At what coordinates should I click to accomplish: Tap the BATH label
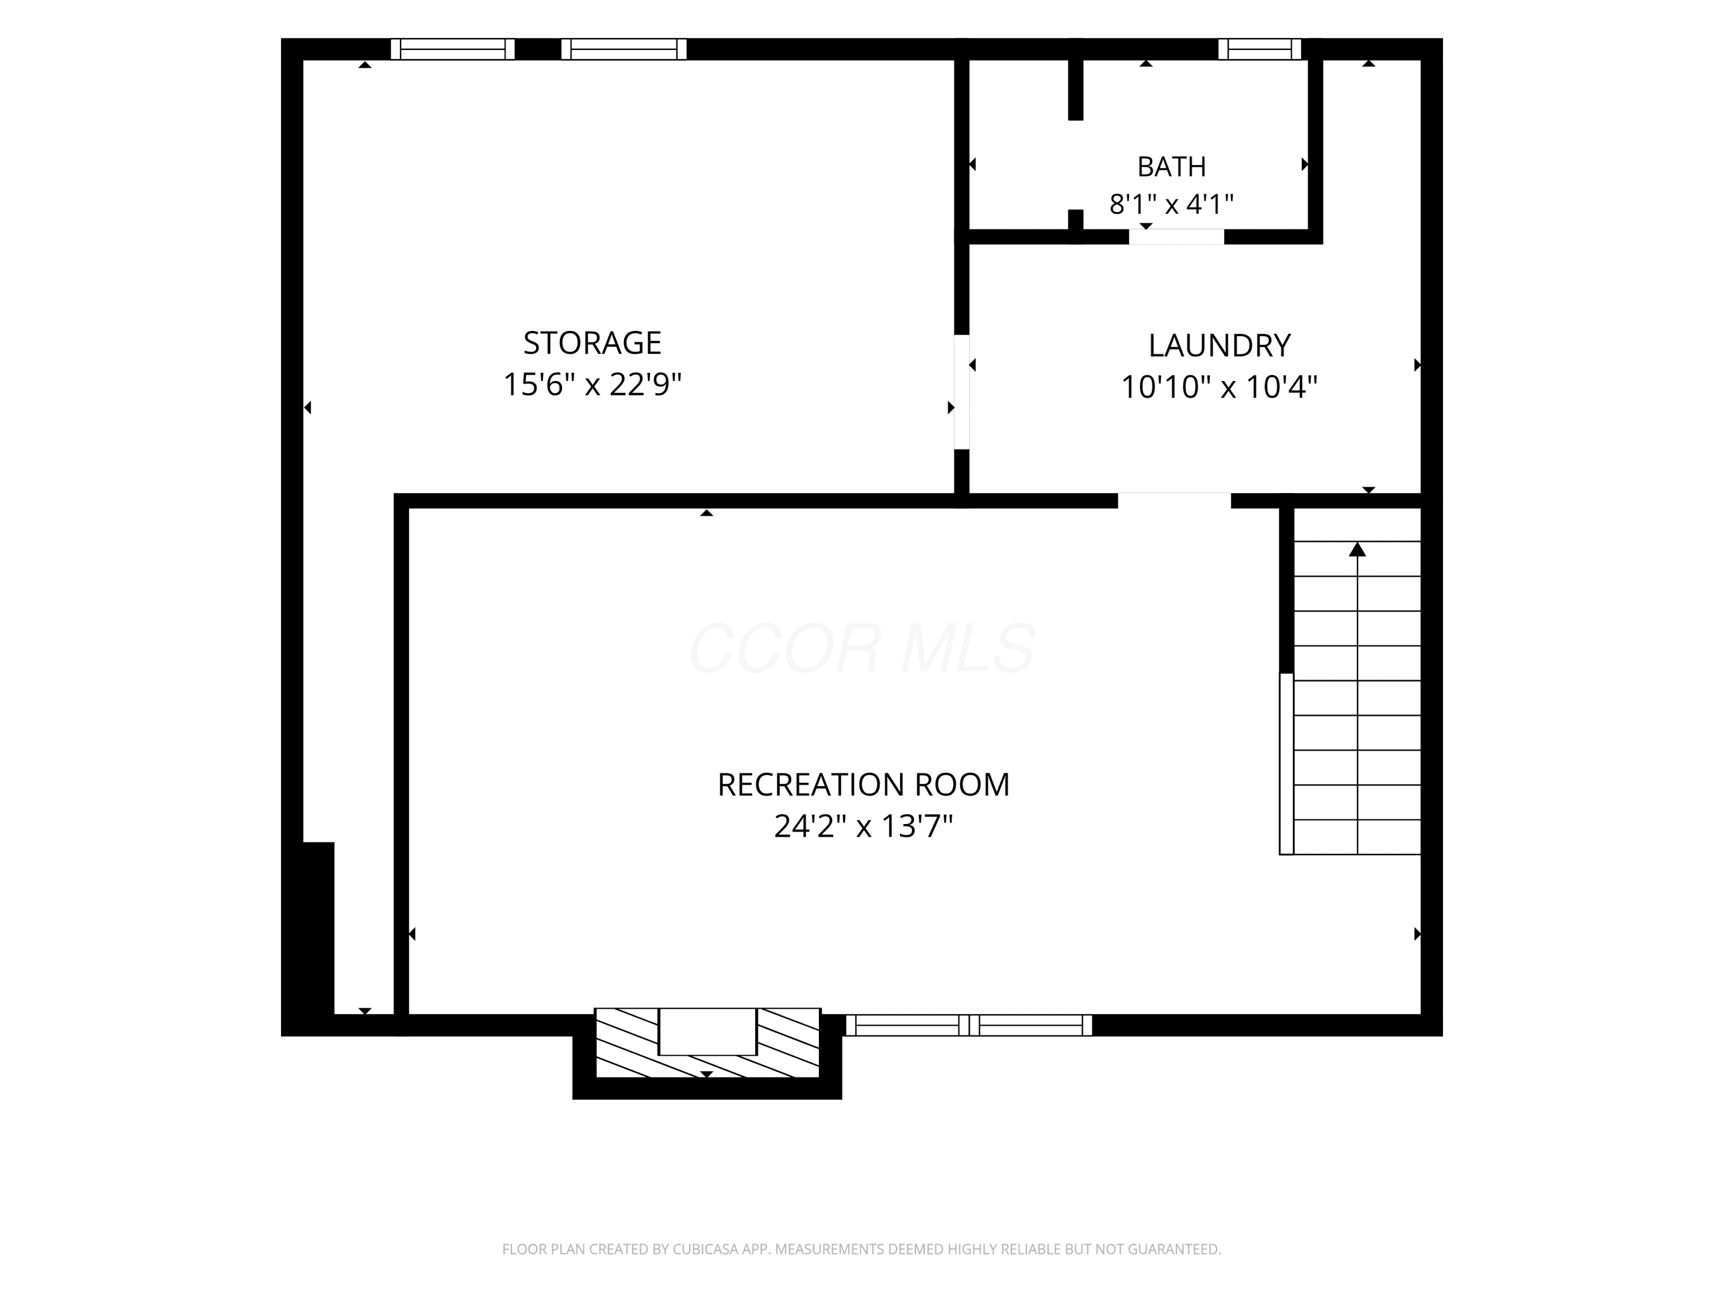coord(1171,167)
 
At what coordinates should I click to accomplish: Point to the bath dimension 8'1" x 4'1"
coord(1171,204)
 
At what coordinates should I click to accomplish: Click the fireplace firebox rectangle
coord(707,1031)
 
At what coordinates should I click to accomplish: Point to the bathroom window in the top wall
coord(1260,49)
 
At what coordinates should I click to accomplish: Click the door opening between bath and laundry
coord(1176,236)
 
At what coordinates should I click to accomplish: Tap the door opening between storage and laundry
coord(962,392)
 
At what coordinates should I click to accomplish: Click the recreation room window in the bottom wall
coord(969,1025)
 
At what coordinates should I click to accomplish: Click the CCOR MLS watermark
coord(862,648)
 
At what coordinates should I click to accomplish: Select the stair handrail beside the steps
coord(1286,764)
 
